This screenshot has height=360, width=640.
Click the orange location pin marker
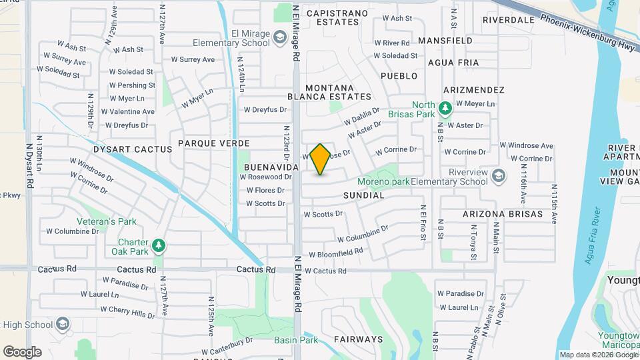point(320,159)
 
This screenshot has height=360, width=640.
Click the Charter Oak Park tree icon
point(159,246)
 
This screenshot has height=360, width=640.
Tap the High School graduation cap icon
point(62,325)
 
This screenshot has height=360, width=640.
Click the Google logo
point(22,351)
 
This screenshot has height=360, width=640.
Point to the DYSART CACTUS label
point(133,150)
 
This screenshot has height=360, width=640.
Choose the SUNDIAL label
point(364,195)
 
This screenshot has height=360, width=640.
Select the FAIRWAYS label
point(359,339)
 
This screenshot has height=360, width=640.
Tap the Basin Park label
point(296,340)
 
